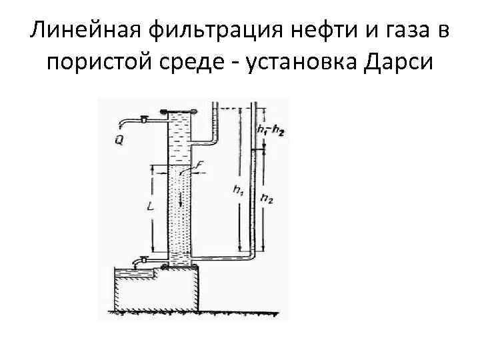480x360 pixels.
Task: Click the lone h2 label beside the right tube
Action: (x=266, y=197)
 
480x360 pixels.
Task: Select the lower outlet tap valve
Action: (x=142, y=259)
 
